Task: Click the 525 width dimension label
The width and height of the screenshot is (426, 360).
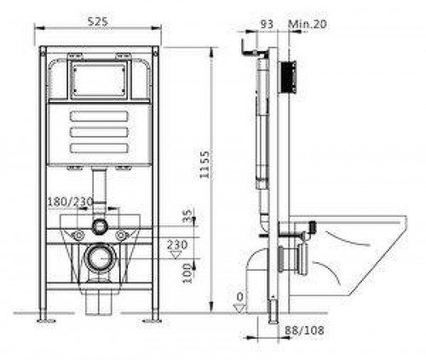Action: tap(98, 21)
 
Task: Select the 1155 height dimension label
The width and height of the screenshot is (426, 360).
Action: tap(204, 164)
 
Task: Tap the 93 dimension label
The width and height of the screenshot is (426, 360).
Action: tap(267, 24)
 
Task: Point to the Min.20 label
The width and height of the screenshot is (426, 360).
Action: tap(308, 24)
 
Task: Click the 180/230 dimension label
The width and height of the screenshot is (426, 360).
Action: tap(70, 202)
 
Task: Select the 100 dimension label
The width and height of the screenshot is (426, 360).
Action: tap(187, 273)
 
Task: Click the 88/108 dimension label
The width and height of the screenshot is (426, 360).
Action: tap(304, 330)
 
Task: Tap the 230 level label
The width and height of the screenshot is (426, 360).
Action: tap(177, 244)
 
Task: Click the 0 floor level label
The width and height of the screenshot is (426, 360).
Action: tap(240, 297)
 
